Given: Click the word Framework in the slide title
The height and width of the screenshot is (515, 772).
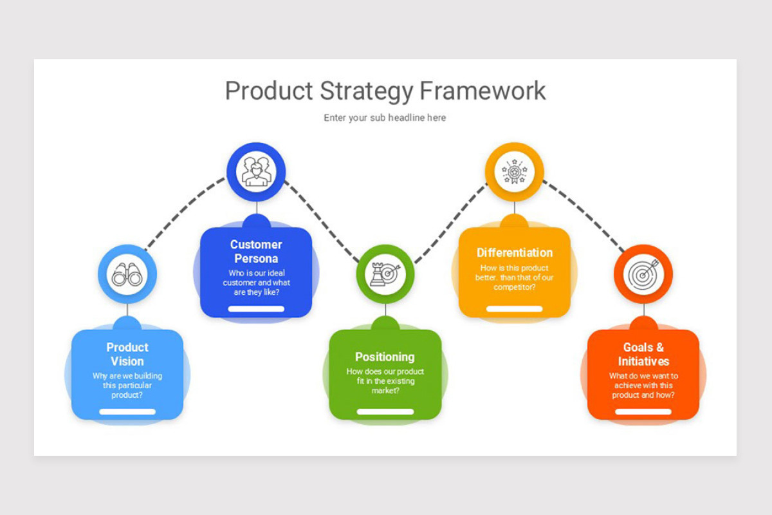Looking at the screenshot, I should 482,91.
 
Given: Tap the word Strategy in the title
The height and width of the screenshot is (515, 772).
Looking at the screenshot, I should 363,91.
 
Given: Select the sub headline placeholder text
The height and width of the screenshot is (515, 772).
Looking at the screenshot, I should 385,118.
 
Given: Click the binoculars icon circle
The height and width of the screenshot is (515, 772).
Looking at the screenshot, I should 127,275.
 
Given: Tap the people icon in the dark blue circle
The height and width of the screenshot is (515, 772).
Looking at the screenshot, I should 256,171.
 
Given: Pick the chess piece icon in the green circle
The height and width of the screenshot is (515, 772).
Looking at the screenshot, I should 385,274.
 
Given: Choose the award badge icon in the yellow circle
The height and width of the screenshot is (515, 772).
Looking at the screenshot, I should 514,171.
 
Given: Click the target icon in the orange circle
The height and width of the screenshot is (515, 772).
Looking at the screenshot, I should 643,274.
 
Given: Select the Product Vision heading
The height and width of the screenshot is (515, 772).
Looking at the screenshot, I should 127,354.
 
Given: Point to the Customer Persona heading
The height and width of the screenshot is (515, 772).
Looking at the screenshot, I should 256,251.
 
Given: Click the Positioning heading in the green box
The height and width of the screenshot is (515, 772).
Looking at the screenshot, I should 385,357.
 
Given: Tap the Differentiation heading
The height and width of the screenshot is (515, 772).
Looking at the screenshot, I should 514,252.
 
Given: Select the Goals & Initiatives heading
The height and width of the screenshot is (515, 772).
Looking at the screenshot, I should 643,354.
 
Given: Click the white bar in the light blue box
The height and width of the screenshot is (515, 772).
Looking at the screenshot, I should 127,411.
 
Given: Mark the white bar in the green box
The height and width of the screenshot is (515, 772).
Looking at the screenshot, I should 385,411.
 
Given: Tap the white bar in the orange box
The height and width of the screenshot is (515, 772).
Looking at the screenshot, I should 643,411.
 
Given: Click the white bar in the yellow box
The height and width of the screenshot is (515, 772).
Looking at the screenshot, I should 514,308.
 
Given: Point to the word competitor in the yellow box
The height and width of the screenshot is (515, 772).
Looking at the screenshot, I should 512,287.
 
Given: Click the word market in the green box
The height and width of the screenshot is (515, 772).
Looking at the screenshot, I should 383,390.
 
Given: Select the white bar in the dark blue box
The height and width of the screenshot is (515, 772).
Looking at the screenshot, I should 256,308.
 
